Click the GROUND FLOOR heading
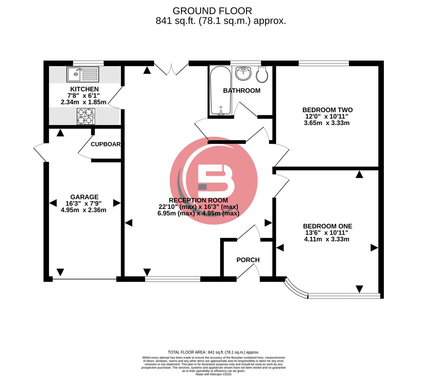tap(212, 11)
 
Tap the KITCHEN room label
tap(84, 89)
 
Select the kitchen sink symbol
tap(83, 75)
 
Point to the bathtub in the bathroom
tap(220, 90)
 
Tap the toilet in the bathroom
tap(262, 75)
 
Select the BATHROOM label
tap(242, 91)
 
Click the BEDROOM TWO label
tap(327, 110)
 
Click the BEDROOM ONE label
tap(327, 226)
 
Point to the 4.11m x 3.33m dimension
tap(326, 239)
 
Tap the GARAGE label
tap(84, 197)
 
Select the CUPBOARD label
tap(106, 144)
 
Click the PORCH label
tap(248, 260)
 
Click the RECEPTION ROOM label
tap(198, 201)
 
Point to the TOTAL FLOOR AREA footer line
tap(213, 352)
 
